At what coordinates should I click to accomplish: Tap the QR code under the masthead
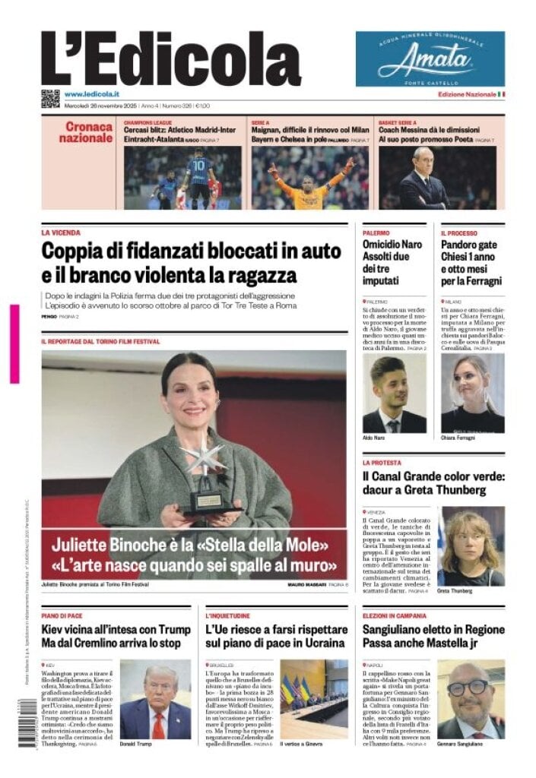pos(50,98)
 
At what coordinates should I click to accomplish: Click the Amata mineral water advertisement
pos(430,59)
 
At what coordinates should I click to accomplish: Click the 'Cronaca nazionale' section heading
pos(85,132)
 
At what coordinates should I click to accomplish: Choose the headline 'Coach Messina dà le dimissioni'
pos(429,130)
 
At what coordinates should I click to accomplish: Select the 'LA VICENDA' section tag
pos(61,233)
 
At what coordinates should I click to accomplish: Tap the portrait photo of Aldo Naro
pos(394,395)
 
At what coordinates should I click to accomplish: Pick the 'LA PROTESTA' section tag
pos(382,463)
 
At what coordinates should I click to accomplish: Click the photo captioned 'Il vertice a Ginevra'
pos(313,697)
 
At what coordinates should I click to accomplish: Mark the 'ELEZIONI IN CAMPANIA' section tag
pos(398,615)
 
